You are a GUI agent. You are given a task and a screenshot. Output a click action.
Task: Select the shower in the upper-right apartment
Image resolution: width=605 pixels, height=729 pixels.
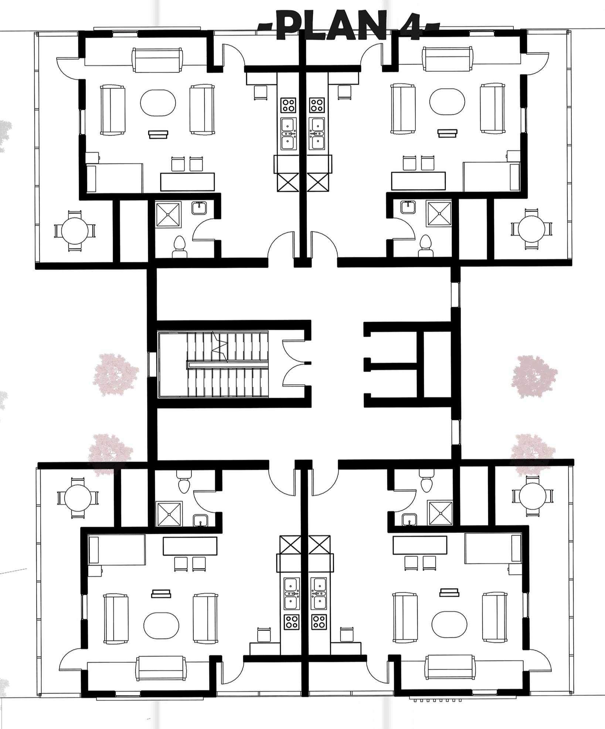pos(439,214)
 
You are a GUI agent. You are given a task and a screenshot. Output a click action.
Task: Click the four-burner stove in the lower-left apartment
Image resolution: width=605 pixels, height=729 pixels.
pos(291,622)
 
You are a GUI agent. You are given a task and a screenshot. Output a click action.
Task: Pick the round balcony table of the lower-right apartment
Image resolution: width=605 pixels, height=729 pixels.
pos(532,496)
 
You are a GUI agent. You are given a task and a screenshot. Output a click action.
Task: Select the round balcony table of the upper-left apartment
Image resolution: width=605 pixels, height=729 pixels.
pos(75,231)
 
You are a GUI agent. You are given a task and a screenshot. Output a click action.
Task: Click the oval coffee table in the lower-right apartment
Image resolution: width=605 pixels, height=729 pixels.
pos(449,624)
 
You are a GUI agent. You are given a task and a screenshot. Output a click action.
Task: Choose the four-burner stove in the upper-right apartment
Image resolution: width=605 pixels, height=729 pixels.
pos(317,105)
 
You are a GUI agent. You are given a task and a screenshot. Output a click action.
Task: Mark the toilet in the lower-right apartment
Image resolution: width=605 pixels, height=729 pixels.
pos(426,482)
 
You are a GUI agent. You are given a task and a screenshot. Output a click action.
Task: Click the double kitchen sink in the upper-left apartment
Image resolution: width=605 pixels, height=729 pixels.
pos(288,133)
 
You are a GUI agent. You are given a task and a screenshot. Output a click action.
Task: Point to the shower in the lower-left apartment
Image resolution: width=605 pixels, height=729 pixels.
pos(169,513)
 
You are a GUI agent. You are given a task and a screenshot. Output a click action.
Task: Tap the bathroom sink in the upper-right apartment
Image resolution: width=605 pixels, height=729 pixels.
pos(408,207)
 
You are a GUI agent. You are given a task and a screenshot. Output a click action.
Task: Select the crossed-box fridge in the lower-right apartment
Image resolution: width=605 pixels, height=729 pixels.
pos(319,545)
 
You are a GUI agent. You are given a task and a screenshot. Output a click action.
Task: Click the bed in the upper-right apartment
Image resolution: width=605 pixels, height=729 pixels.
pos(492,177)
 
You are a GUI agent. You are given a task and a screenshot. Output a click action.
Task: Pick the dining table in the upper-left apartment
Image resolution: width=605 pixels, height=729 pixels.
pos(187,182)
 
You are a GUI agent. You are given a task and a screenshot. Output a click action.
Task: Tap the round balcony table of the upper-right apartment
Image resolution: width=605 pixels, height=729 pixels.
pos(531,229)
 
